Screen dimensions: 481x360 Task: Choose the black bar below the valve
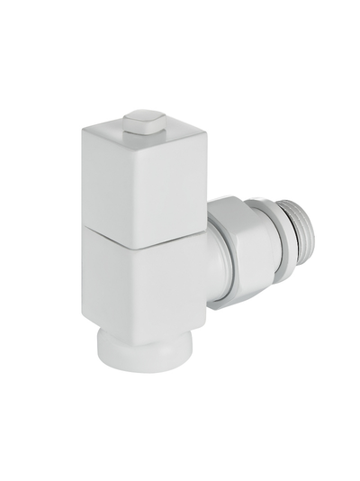pos(180,450)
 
